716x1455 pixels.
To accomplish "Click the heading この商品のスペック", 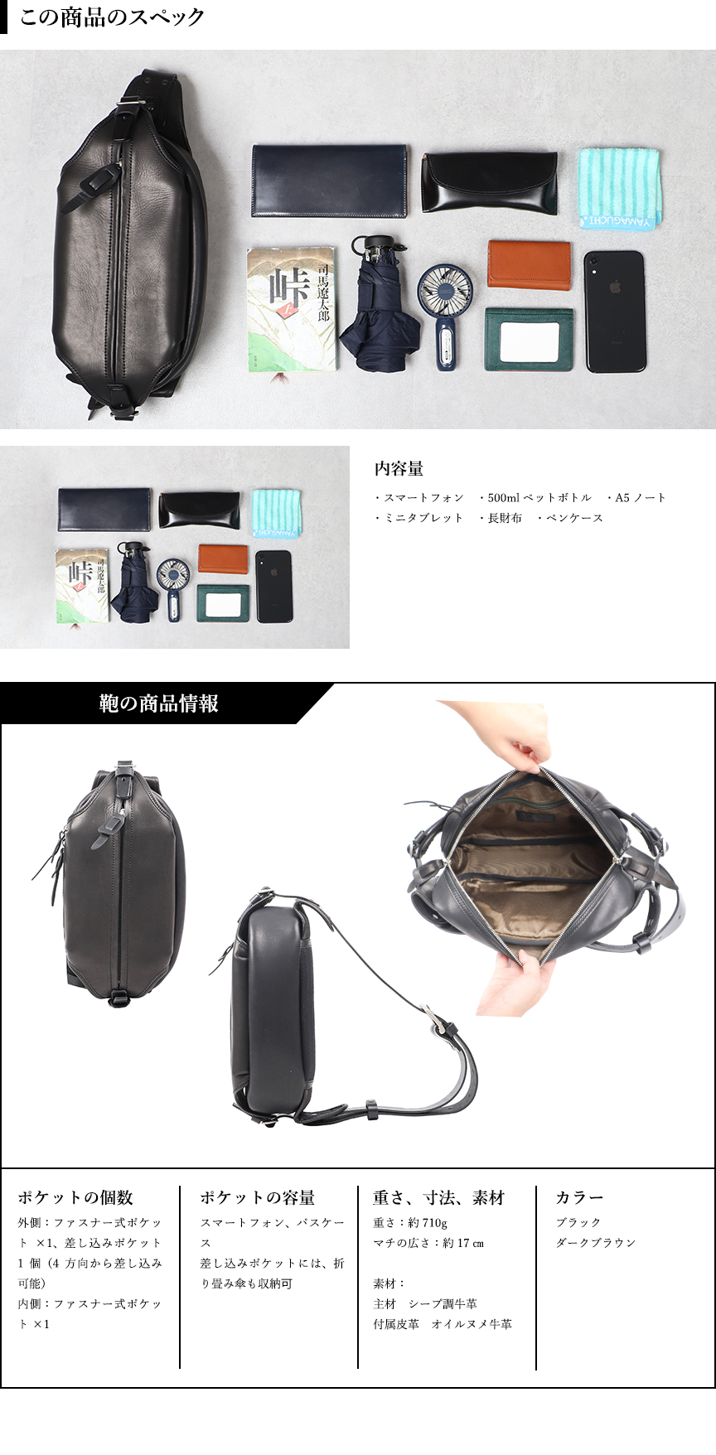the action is click(112, 17).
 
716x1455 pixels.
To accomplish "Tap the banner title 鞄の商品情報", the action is click(159, 703).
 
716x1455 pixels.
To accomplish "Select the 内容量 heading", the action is click(399, 469).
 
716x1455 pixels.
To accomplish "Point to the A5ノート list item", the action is click(640, 497).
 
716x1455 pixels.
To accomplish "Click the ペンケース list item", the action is click(574, 518).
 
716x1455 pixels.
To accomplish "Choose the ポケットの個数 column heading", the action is click(75, 1197).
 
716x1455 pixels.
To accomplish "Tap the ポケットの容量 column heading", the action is click(257, 1197).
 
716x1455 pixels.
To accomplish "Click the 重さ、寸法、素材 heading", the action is click(438, 1197).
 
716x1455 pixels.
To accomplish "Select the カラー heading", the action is click(579, 1197).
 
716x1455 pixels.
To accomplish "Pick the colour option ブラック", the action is click(578, 1222).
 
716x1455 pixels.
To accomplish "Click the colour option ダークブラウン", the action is click(596, 1243).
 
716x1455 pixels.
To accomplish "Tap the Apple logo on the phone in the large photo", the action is click(615, 288).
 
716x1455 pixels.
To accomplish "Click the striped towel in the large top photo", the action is click(619, 187).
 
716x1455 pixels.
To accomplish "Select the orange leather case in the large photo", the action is click(529, 264).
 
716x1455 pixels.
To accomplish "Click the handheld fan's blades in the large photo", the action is click(445, 289).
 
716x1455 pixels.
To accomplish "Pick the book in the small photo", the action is click(82, 585).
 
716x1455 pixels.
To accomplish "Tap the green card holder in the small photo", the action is click(224, 603).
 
